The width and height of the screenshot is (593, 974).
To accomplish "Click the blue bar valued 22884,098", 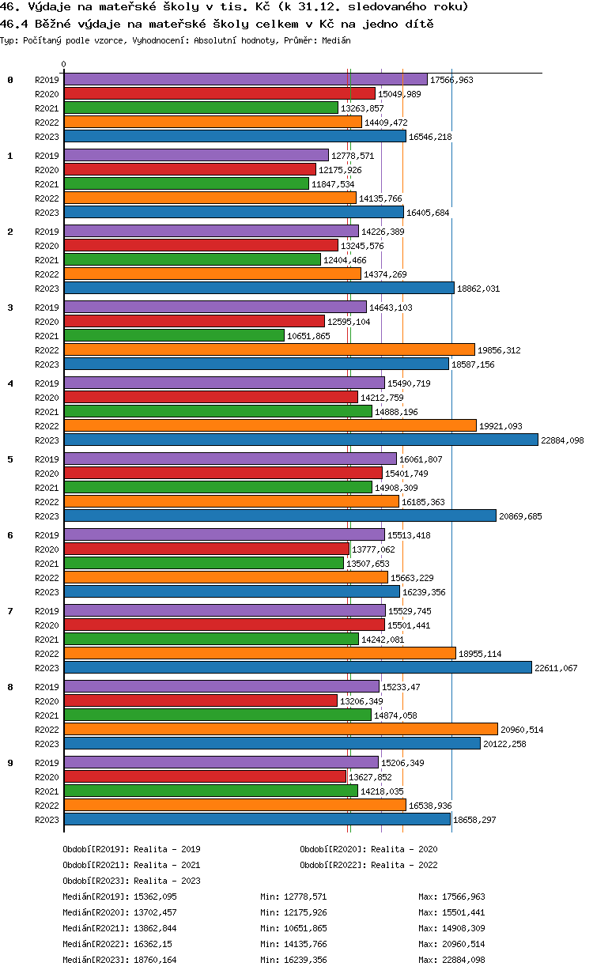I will click(300, 440).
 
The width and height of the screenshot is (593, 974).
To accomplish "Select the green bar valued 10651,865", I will click(174, 336).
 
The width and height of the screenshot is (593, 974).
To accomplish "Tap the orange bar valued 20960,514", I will click(281, 730).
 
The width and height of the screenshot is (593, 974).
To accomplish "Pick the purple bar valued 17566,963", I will click(245, 80).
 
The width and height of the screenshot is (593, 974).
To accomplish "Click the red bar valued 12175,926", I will click(190, 170).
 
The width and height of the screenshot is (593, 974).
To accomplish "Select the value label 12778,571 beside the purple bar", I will click(353, 156).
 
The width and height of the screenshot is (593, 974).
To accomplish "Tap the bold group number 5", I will click(10, 459).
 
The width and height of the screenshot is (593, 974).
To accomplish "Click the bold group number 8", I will click(10, 687).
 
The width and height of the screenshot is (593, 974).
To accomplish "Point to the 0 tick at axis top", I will click(64, 64).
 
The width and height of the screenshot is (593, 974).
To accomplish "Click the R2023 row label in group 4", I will click(47, 440).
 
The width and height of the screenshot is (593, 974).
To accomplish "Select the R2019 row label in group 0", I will click(47, 80).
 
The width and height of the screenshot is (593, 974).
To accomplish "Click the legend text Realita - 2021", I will click(167, 865).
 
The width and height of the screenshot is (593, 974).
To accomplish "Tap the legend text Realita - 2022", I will click(404, 865).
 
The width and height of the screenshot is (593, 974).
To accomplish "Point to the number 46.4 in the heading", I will click(14, 25).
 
